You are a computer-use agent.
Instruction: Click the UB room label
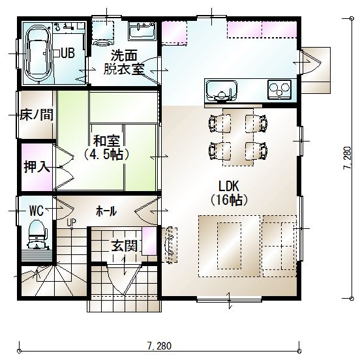pos(68,53)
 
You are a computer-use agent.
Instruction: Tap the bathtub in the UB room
pos(38,53)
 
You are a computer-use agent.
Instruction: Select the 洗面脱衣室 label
pos(124,62)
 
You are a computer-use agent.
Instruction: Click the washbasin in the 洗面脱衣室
pos(142,31)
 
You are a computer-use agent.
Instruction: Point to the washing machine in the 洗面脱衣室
pos(103,33)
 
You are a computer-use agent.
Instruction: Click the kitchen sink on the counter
pos(222,91)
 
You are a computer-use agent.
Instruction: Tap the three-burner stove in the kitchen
pos(279,89)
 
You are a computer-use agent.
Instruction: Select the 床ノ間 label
pos(37,115)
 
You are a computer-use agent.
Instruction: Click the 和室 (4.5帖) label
pos(106,148)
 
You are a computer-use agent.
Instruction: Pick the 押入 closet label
pos(37,166)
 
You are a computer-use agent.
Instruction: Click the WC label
pos(37,210)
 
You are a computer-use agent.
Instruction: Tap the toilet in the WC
pos(37,234)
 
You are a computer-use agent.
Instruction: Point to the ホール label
pos(106,211)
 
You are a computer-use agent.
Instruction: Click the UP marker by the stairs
pos(71,222)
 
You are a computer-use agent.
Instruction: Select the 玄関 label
pos(125,246)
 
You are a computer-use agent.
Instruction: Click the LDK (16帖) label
pos(229,193)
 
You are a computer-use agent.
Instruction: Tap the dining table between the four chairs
pos(238,137)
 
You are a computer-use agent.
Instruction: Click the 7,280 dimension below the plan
pos(160,346)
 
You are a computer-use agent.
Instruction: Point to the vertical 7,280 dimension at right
pos(347,158)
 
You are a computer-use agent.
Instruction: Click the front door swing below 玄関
pos(124,280)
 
